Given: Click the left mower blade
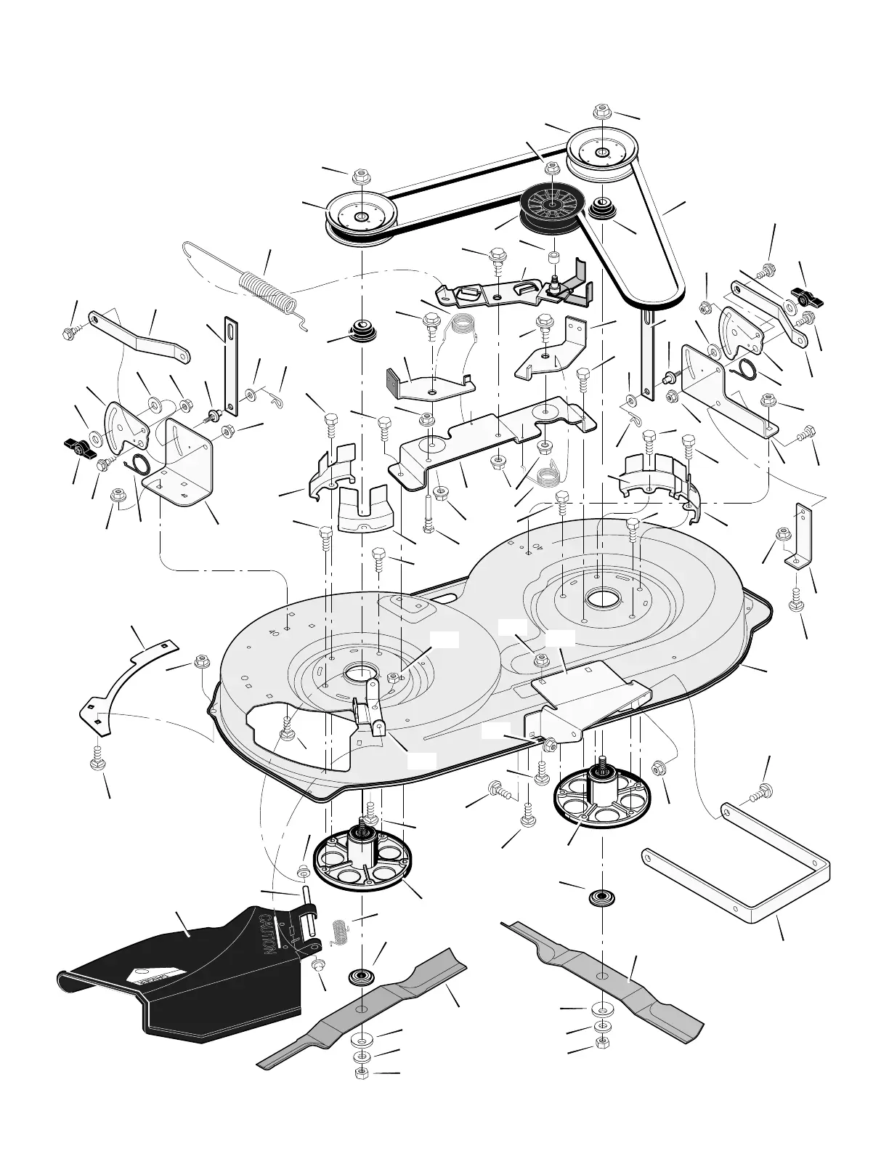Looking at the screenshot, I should click(x=363, y=1010).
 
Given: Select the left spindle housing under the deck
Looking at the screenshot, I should click(x=362, y=857).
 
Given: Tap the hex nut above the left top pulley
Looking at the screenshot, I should click(x=361, y=178).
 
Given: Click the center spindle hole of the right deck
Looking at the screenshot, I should click(x=601, y=600).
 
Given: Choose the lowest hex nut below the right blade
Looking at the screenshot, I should click(x=601, y=1043).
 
